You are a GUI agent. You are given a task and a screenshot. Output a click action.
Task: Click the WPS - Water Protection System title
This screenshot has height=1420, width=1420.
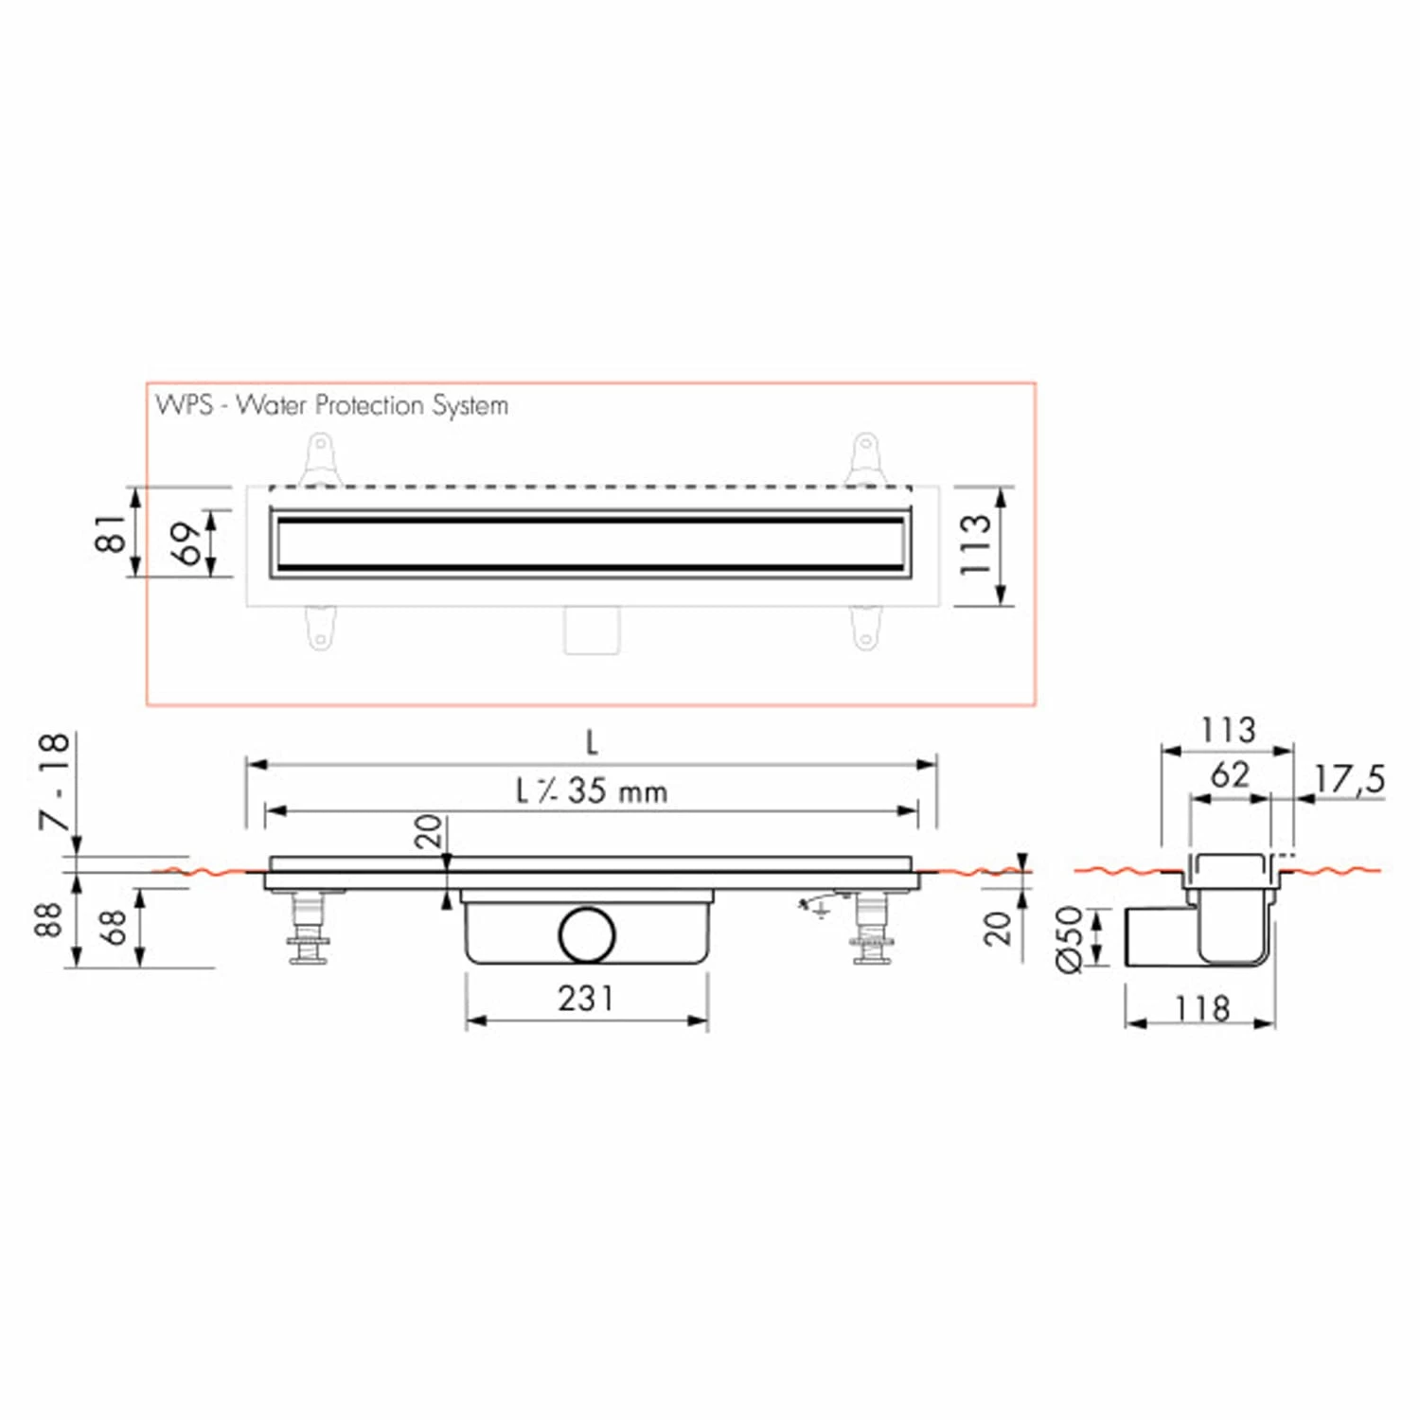point(332,405)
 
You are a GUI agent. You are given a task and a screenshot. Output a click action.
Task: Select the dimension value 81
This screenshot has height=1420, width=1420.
point(112,533)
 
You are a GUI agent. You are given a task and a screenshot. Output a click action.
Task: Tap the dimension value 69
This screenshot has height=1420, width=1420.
point(188,542)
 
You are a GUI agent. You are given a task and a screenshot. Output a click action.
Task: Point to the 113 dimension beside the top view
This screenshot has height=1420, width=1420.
point(975,545)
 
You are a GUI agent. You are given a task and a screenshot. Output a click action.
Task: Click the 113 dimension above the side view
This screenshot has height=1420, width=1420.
point(1228,730)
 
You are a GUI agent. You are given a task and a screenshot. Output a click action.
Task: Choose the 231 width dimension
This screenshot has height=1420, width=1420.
point(586,998)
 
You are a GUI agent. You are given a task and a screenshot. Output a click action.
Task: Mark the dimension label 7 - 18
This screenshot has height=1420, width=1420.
point(55,782)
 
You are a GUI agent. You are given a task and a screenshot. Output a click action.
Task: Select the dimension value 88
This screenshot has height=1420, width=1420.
point(48,919)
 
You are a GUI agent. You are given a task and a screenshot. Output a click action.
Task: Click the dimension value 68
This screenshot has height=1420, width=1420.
point(113,928)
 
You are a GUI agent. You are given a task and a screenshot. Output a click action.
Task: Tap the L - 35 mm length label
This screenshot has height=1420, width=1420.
point(592,790)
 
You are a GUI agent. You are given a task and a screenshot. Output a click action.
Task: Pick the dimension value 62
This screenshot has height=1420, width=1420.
point(1230,775)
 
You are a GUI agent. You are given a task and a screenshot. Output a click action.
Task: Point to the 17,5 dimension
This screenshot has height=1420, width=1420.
point(1349,779)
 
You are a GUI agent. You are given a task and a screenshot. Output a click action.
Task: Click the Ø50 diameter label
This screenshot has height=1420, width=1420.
point(1068,938)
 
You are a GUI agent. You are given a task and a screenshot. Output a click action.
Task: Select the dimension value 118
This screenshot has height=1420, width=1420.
point(1202,1008)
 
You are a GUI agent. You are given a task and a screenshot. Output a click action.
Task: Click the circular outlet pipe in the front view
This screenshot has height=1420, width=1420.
point(586,934)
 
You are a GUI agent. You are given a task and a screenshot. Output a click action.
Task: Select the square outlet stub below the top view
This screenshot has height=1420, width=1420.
point(592,630)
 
